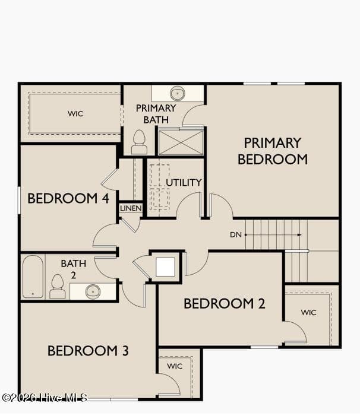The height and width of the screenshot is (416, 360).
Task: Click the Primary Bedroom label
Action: (273, 151)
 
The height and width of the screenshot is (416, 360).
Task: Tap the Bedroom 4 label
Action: (68, 198)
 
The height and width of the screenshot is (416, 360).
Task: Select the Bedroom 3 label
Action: (88, 351)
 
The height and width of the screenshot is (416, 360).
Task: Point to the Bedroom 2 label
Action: (225, 304)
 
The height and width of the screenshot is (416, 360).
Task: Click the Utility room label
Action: (184, 183)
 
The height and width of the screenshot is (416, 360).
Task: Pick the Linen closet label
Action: (131, 208)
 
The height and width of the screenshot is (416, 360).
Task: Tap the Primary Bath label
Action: (156, 114)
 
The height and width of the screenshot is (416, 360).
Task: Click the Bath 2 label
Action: (74, 269)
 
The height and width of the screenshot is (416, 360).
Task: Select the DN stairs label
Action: (236, 235)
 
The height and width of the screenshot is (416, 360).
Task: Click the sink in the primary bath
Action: (178, 93)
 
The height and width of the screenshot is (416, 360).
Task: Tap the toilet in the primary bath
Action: (139, 142)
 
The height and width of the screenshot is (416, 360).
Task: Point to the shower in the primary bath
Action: (181, 142)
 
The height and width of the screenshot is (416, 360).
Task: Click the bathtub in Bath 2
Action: (33, 277)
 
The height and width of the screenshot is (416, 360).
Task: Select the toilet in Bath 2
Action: (58, 287)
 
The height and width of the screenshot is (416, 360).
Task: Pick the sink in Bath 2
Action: (93, 291)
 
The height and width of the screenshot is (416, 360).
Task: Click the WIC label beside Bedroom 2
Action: (309, 313)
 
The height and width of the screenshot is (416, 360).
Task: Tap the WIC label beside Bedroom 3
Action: (175, 366)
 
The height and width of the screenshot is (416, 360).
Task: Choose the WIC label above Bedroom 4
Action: (75, 114)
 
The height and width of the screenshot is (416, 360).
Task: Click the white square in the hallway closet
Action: (165, 267)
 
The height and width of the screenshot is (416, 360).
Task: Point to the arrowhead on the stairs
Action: (299, 235)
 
